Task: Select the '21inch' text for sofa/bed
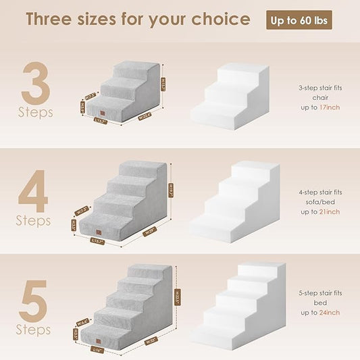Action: click(x=320, y=211)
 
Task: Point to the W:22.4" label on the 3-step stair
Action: click(x=144, y=115)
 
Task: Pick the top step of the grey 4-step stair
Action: click(x=141, y=170)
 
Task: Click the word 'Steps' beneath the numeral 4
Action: click(x=34, y=221)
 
